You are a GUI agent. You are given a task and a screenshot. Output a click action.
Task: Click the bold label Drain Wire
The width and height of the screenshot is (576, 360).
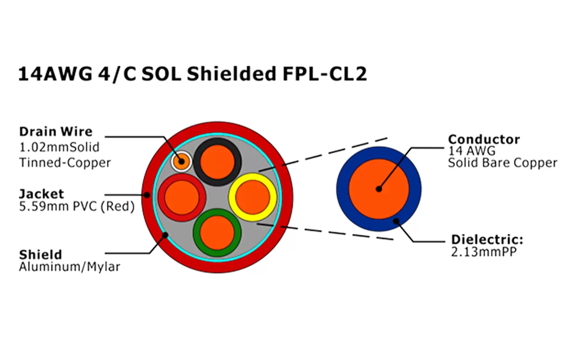(55, 132)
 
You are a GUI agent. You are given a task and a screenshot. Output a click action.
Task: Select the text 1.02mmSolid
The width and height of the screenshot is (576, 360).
(59, 147)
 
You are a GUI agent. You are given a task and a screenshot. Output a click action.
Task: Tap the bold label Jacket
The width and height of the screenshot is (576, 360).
(41, 194)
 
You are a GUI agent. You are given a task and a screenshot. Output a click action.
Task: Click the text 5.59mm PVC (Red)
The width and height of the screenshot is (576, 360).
(76, 207)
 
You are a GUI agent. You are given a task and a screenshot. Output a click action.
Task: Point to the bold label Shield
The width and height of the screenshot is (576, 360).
(40, 254)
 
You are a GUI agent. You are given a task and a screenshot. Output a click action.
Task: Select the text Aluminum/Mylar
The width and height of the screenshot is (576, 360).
(69, 267)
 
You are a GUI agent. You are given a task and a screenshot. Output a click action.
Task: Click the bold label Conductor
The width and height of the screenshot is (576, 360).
(484, 139)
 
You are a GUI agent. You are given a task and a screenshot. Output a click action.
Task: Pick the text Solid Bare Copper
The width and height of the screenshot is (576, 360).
(502, 163)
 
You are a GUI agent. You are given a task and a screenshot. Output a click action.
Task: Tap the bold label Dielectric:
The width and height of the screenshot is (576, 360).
(487, 239)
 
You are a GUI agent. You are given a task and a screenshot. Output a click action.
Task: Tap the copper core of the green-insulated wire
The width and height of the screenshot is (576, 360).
(217, 232)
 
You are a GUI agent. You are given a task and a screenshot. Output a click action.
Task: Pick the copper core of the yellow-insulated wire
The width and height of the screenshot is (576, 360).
(252, 197)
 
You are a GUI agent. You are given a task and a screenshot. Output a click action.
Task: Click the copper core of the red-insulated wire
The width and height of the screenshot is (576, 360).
(182, 197)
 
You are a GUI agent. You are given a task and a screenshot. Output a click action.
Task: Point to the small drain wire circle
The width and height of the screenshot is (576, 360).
(181, 161)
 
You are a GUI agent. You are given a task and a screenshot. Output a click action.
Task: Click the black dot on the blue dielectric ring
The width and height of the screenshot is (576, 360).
(396, 221)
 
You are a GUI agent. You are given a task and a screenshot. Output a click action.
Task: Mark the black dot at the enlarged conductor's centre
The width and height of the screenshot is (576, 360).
(379, 189)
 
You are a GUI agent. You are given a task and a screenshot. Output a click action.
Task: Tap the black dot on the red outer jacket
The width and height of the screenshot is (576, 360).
(148, 195)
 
